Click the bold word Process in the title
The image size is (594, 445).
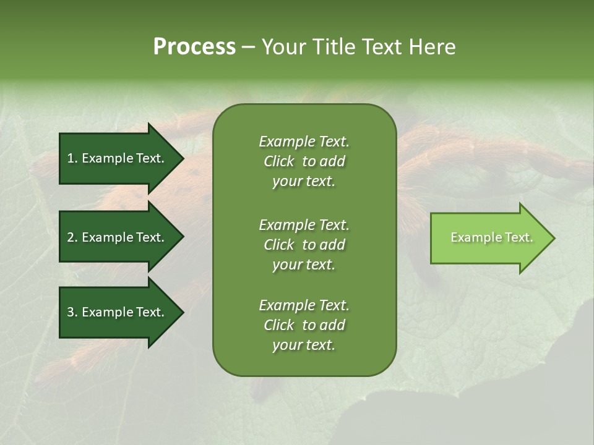click(194, 47)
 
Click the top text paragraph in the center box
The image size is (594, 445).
click(304, 161)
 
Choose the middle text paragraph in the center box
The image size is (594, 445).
click(304, 245)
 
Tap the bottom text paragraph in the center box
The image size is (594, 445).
click(304, 325)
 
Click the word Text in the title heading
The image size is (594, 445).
click(382, 47)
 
